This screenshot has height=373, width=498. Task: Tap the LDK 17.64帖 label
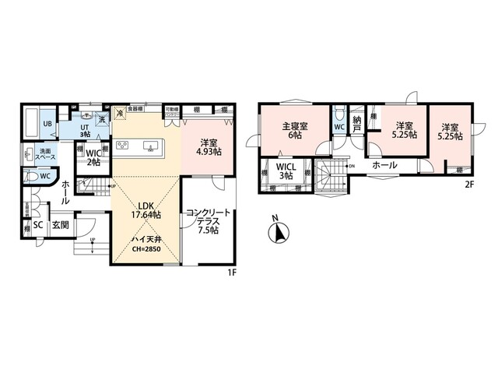point(145,209)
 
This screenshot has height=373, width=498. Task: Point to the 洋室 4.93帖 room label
point(206,147)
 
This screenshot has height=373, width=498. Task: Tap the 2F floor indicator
point(469,185)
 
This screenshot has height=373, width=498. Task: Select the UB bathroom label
point(47,125)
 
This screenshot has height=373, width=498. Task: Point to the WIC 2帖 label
point(93,157)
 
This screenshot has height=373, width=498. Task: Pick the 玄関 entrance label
point(61,225)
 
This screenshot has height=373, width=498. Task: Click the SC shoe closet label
point(37,225)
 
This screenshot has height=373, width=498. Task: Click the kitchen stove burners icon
point(123,145)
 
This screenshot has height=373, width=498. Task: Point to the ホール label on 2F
point(384,166)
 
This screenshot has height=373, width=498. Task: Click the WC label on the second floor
point(339,127)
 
